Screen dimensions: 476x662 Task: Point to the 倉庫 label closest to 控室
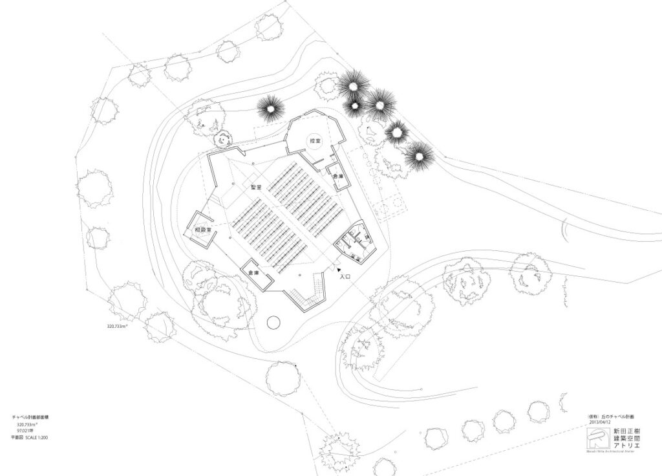(338, 176)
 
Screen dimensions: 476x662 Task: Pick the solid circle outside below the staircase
(273, 321)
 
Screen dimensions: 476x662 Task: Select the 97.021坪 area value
(27, 431)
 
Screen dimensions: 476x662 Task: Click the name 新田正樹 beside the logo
(624, 429)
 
